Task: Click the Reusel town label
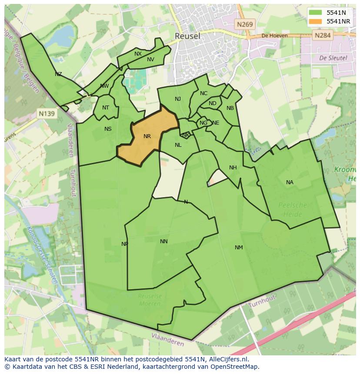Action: [x=187, y=36]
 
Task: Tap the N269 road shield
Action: [x=245, y=25]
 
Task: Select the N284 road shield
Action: [x=323, y=35]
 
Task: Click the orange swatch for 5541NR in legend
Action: [x=316, y=21]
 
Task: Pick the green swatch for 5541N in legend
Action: [x=316, y=13]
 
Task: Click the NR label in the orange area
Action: [x=147, y=136]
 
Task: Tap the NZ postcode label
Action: [x=58, y=74]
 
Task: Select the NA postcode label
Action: [x=290, y=182]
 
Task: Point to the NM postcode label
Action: [x=239, y=248]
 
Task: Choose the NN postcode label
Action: [x=163, y=242]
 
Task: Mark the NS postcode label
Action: [x=108, y=129]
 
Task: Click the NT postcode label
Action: [x=106, y=108]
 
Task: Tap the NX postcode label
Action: [x=138, y=54]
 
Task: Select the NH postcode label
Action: [x=233, y=168]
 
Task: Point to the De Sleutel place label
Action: [x=333, y=58]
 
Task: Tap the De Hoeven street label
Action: [x=274, y=36]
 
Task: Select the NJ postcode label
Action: [x=178, y=99]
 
